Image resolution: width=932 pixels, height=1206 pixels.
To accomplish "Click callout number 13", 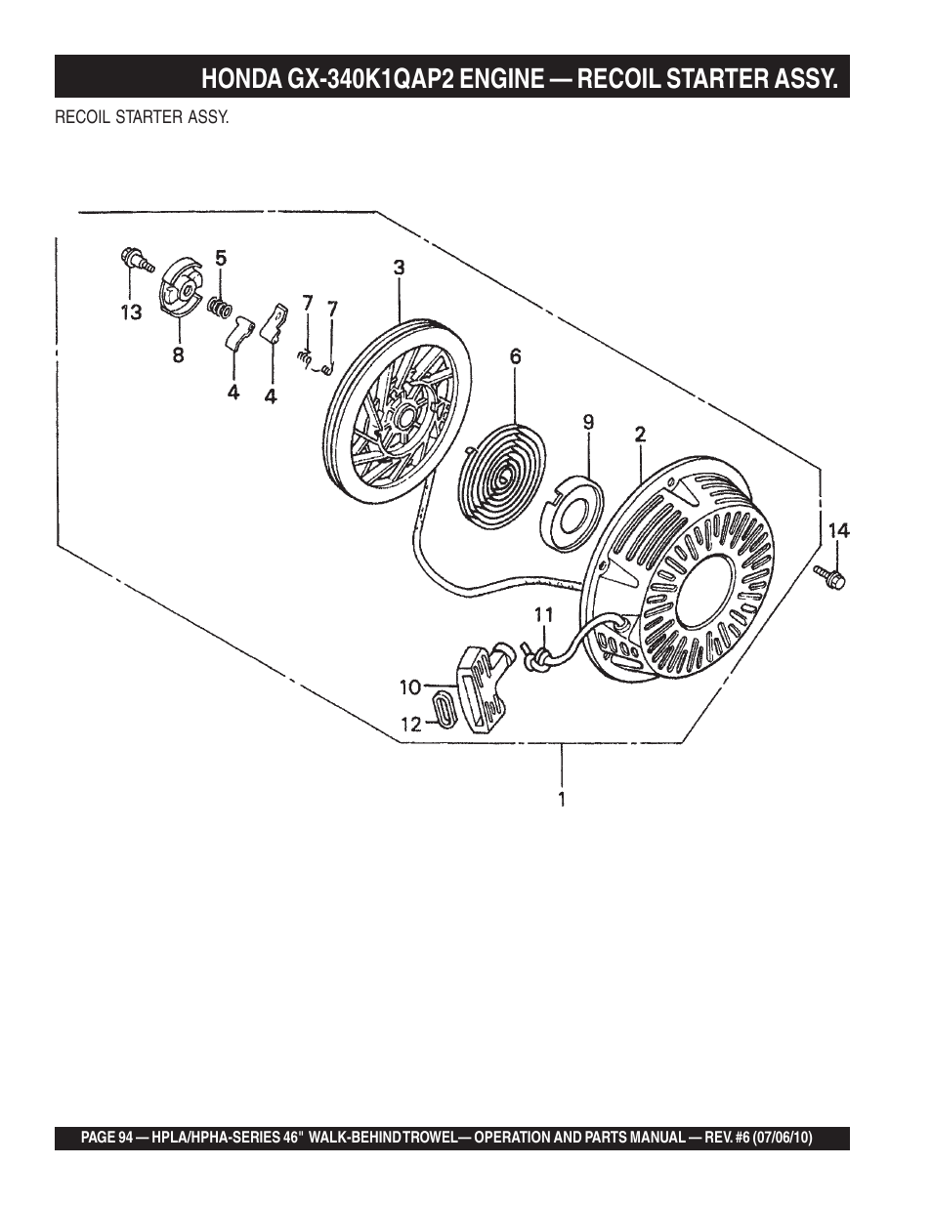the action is (132, 313).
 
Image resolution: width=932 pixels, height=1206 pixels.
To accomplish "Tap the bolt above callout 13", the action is (137, 260).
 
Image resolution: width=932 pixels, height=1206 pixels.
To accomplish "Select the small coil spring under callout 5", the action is (220, 307).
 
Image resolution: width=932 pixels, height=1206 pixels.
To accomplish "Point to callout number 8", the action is (178, 355).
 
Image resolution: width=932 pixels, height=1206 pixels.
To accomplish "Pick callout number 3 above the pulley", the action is (400, 269).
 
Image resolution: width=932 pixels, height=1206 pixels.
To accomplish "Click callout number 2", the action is (640, 434).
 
